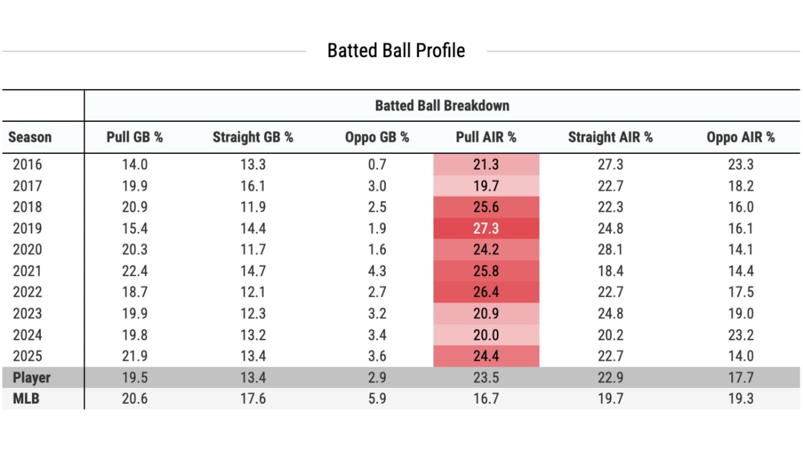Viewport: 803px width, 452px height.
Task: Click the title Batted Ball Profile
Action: point(396,51)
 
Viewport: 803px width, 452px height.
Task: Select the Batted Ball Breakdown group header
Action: point(442,106)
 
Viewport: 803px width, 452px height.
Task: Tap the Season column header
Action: point(30,137)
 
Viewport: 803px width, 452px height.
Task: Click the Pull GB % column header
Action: point(134,137)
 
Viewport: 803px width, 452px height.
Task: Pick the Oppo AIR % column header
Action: point(740,137)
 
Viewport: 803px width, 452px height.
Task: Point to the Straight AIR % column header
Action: point(610,137)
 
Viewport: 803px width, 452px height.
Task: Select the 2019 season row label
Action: point(27,229)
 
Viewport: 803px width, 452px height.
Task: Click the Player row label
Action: point(31,377)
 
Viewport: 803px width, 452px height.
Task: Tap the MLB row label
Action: point(26,399)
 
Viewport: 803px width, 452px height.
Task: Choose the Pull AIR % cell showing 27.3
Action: point(486,229)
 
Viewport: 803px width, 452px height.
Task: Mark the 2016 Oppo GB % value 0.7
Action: point(377,165)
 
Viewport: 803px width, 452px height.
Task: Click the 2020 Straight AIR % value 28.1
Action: point(610,250)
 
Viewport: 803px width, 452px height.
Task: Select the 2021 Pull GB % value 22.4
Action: point(134,271)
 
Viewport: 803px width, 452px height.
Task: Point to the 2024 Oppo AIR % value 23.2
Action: point(740,335)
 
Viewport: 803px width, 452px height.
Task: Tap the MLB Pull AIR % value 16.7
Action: point(486,399)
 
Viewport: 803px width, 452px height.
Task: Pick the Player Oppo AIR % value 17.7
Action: point(740,377)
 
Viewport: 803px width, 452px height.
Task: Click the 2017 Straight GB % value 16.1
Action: point(253,186)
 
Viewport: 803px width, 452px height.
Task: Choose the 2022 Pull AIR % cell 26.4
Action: point(486,292)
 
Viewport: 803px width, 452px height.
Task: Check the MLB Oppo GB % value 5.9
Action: point(377,399)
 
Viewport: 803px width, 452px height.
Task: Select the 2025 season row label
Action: point(27,356)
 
